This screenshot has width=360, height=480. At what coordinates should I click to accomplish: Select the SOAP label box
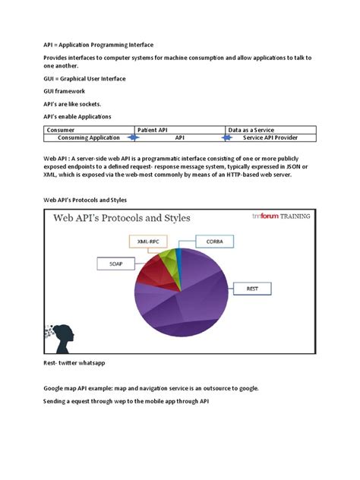[x=110, y=264]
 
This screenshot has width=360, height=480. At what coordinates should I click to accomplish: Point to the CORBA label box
[x=204, y=241]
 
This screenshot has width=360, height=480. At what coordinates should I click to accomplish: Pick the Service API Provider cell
[x=270, y=137]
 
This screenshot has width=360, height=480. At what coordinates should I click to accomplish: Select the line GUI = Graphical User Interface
[x=84, y=78]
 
